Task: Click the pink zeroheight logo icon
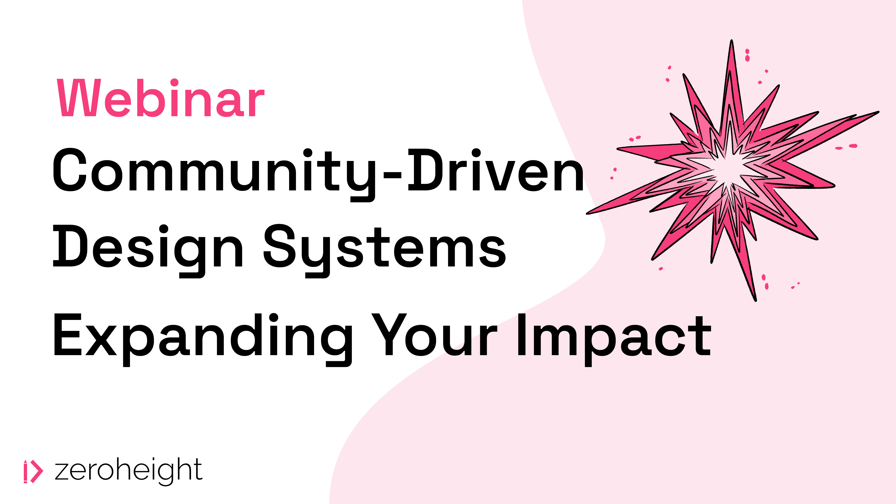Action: click(33, 471)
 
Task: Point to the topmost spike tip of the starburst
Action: click(732, 40)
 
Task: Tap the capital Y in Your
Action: click(389, 335)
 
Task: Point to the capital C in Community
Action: click(70, 170)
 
